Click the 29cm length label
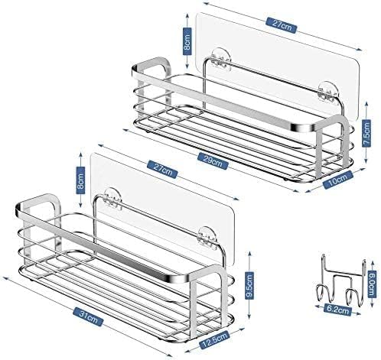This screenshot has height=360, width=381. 213,161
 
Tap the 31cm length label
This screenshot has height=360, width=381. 88,316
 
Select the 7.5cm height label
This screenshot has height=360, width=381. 366,134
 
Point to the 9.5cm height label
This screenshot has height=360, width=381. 249,284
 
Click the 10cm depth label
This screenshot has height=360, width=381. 338,180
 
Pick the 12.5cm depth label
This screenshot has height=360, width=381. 215,339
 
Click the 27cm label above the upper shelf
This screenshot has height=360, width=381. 282,25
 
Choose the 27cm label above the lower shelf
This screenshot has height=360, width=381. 162,169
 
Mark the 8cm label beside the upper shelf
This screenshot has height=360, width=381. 187,41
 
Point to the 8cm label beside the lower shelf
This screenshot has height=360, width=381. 80,180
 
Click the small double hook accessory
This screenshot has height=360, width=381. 341,281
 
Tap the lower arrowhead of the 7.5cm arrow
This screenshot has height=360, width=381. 366,160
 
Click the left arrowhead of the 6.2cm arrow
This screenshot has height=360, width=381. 317,306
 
